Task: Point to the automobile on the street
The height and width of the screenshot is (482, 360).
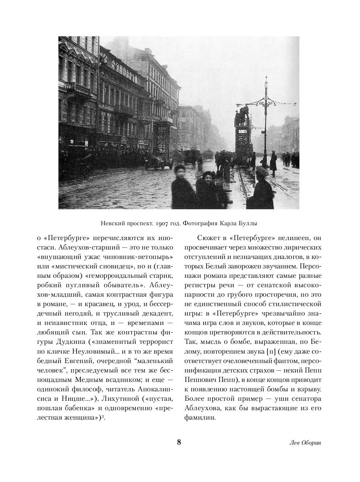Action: click(159, 161)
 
